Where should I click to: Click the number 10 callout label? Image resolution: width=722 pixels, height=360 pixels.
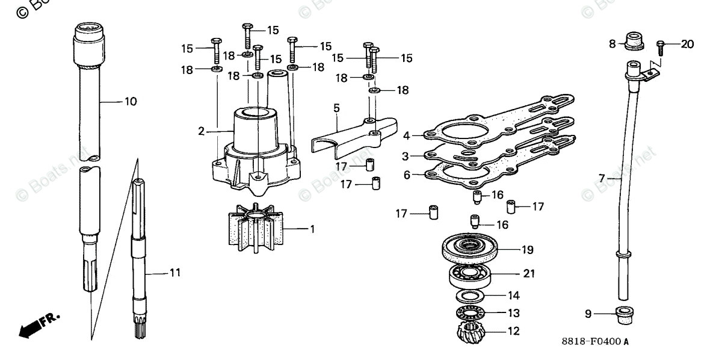131,101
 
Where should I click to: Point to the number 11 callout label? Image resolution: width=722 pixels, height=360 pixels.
174,273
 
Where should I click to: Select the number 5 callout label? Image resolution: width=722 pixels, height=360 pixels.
336,108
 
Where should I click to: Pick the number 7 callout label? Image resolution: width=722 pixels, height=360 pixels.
601,178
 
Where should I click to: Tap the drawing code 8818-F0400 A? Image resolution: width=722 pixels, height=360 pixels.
595,342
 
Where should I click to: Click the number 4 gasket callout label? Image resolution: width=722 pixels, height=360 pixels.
406,135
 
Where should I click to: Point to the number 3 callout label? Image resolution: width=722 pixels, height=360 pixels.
406,155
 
